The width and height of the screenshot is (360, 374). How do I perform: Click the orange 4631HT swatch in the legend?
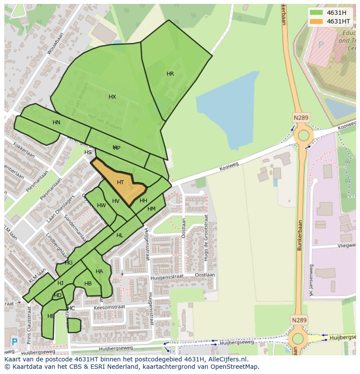[x=317, y=21]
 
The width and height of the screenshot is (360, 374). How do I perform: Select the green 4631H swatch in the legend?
[x=317, y=13]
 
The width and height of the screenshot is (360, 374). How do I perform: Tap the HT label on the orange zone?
[x=120, y=182]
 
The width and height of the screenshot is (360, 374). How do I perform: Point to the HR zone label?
[x=170, y=74]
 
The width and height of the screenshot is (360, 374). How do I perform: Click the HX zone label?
[x=112, y=97]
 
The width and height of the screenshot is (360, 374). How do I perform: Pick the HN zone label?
[x=57, y=122]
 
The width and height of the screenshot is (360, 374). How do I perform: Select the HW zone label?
[x=101, y=205]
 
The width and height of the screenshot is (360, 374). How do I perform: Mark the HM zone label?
[x=151, y=209]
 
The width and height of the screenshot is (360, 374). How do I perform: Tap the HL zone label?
[x=120, y=235]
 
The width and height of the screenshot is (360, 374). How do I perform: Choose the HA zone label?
[x=99, y=271]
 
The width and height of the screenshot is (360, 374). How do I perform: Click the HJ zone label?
[x=60, y=283]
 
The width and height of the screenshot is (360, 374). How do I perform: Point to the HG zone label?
[x=69, y=263]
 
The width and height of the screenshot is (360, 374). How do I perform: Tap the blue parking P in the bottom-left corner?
[x=14, y=342]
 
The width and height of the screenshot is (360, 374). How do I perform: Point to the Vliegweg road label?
[x=346, y=245]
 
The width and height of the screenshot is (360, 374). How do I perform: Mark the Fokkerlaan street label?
[x=24, y=150]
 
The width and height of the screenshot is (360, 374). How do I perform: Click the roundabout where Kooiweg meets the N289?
[x=303, y=136]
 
